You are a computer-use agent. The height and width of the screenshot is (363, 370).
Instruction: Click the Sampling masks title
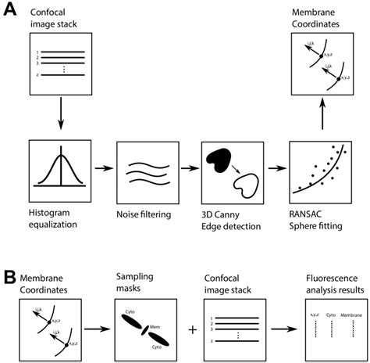[x=134, y=283]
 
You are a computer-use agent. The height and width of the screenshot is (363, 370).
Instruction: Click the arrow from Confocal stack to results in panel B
[x=279, y=329]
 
